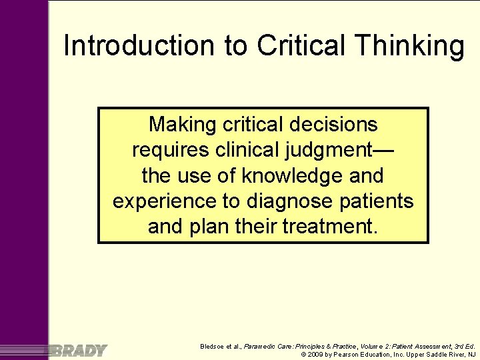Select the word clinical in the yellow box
(x=245, y=150)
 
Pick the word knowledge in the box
(x=293, y=176)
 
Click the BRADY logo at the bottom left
(x=78, y=350)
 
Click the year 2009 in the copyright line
(x=316, y=355)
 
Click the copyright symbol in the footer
(x=303, y=355)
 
